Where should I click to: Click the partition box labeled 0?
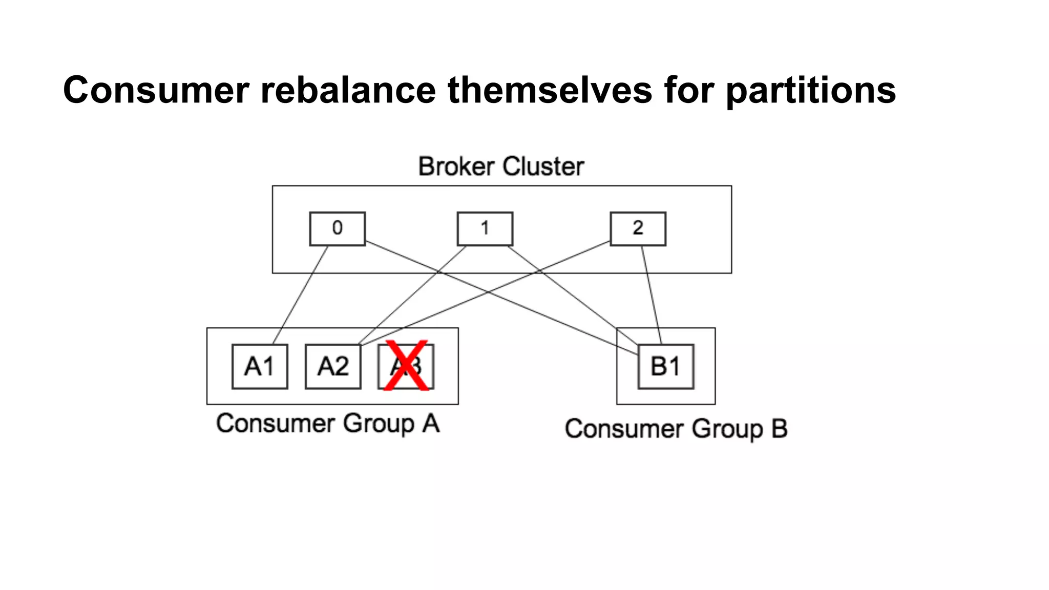337,228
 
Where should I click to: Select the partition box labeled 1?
485,228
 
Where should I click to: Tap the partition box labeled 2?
638,228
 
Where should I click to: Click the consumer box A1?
260,367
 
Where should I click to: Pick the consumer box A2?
333,367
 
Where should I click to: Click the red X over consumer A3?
406,366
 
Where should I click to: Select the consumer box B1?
666,367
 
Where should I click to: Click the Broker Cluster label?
501,166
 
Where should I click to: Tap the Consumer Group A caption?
328,424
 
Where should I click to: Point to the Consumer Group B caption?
676,429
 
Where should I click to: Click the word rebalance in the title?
348,90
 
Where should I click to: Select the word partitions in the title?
811,90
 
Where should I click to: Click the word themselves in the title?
550,90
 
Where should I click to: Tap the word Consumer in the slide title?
156,90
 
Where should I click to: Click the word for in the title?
688,90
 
